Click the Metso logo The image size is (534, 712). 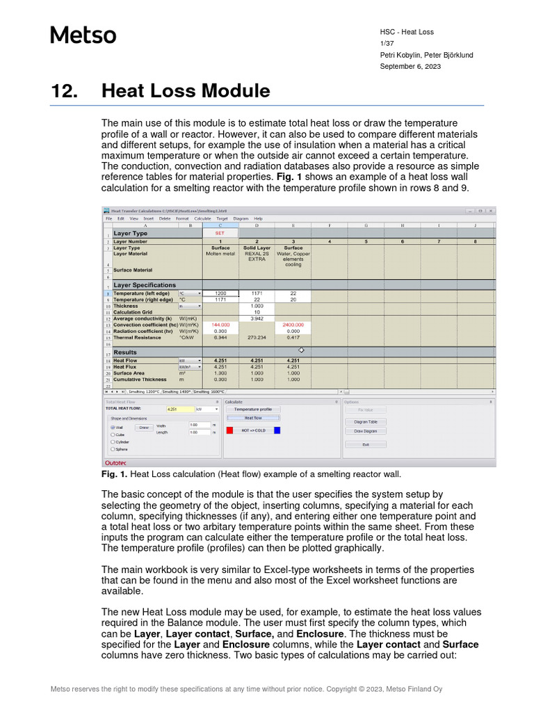(x=83, y=35)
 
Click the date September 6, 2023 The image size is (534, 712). (x=410, y=67)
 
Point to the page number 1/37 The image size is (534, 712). (x=386, y=44)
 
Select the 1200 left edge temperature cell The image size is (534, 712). (x=220, y=293)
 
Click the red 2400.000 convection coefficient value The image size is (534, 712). (x=293, y=325)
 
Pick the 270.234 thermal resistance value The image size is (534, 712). (x=257, y=337)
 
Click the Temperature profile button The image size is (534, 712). (x=252, y=410)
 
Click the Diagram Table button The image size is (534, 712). (x=365, y=421)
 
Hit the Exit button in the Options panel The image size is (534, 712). (x=365, y=444)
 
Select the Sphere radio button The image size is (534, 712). (x=113, y=449)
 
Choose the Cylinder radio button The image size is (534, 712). (x=113, y=442)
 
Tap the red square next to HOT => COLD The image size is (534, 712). (x=230, y=430)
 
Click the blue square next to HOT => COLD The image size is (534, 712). (x=277, y=430)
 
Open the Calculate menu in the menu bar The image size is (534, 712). (x=202, y=218)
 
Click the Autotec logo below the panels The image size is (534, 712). (x=115, y=462)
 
